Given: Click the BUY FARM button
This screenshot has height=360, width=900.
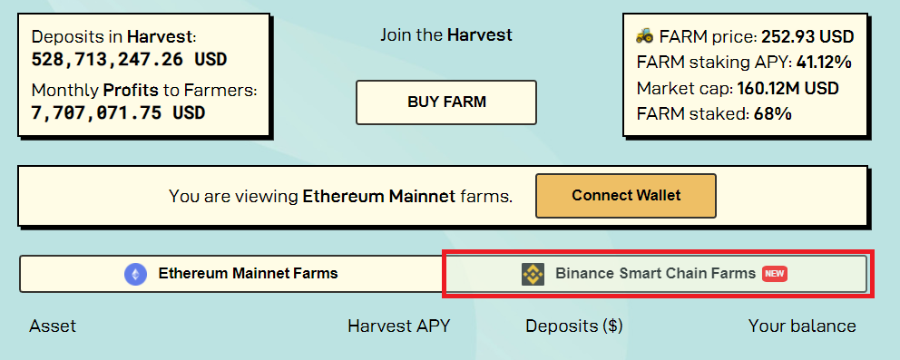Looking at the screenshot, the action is (446, 102).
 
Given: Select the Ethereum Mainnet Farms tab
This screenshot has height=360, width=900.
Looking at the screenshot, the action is (232, 274).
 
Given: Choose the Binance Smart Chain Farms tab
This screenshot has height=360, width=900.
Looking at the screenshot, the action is (655, 274).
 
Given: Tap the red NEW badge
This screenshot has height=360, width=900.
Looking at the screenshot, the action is (774, 274).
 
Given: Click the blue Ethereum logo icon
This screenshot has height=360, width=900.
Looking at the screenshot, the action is (135, 274).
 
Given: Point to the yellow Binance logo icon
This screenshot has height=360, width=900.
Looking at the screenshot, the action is (533, 274).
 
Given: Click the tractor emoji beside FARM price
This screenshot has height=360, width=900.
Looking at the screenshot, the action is (644, 36).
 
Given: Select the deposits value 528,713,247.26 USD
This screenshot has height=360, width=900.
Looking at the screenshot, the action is (129, 59).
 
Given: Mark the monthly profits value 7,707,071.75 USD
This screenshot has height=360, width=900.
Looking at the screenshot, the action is (118, 112).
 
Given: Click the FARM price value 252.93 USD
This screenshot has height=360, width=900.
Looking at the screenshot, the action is (807, 36).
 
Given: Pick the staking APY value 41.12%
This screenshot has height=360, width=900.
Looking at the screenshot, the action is (824, 63).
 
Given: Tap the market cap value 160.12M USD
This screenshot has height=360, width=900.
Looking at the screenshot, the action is (788, 88).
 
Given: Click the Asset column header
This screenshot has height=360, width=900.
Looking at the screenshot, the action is (53, 326).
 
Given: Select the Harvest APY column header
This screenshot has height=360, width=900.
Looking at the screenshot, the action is (399, 326).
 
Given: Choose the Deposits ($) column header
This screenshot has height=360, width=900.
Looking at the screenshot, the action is (574, 326).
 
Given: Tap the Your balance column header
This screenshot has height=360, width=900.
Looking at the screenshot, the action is (802, 326).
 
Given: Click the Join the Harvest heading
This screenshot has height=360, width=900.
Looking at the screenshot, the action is (446, 35).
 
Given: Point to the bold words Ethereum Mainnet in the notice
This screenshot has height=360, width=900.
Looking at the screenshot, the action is (379, 196).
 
